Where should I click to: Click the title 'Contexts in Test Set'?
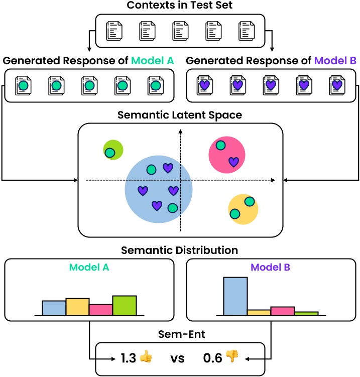coord(180,7)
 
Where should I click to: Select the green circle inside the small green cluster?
coord(110,153)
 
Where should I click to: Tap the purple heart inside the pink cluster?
coord(233,161)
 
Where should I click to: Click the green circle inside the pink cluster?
coord(220,146)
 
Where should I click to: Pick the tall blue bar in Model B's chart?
coord(235,296)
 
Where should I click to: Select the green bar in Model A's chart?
coord(125,305)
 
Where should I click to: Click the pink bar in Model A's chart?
coord(101,310)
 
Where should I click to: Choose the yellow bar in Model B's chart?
coord(259,312)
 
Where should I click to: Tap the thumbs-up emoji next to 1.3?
coord(146,358)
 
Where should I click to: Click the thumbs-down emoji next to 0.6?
coord(232,357)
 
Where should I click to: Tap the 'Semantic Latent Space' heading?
coord(180,115)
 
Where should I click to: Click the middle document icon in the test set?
coord(180,31)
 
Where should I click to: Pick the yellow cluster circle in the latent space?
coord(243,208)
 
